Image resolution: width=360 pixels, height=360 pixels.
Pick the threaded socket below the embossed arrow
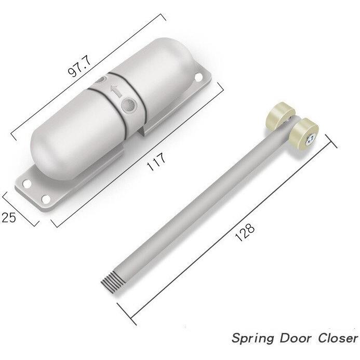coord(127,106)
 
